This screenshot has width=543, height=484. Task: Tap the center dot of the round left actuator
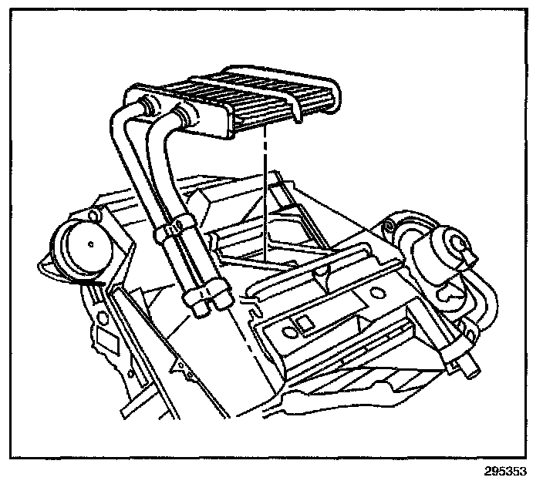(x=91, y=244)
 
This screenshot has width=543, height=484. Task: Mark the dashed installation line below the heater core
(x=264, y=200)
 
